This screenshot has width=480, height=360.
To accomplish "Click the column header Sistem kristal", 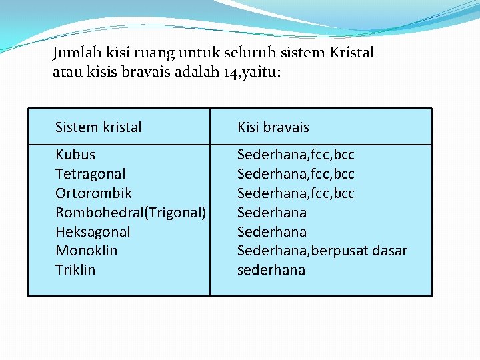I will point(98,127).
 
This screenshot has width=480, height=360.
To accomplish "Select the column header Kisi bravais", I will point(273,127).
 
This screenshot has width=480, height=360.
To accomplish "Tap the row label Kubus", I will point(75,155).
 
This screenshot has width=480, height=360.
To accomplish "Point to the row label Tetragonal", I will point(90,174).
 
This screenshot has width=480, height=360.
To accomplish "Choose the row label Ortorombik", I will point(93,193).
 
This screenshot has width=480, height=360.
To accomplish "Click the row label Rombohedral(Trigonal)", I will point(131,213).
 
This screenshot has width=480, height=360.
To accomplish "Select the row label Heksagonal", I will point(93,232).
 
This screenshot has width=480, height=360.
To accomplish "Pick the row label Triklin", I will point(75,270).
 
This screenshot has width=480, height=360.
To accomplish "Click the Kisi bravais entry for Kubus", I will point(296,155).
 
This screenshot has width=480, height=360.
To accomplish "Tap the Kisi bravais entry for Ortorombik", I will point(296,193).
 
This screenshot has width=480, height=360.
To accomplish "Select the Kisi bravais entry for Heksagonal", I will point(272,232).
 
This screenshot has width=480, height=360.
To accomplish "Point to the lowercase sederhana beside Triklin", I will point(271,270).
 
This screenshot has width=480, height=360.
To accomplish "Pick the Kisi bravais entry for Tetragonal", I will point(296,174).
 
